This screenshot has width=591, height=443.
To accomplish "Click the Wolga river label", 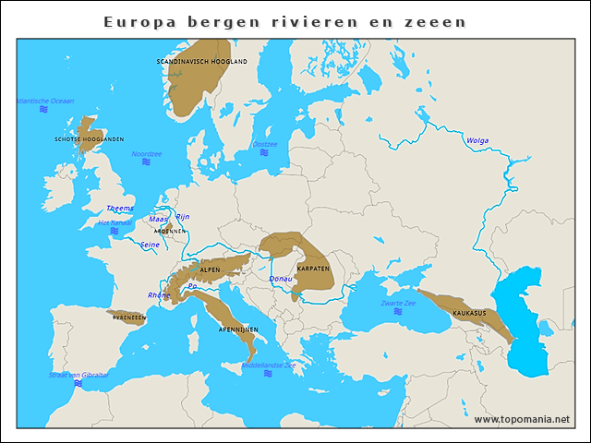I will pos(477,141).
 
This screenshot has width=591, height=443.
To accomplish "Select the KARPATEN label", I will pos(313,268).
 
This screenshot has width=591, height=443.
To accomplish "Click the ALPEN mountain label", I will pos(210,269).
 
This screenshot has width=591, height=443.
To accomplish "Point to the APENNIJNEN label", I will pos(238,329).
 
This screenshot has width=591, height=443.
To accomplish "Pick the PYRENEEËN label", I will pos(129,317).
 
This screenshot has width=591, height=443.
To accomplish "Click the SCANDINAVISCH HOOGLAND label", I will pos(202,61).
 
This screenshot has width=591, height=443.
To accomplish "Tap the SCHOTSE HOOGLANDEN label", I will pos(90,139).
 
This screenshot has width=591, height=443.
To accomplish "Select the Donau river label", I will pos(280,278).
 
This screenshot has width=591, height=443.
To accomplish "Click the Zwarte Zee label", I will pos(398,303).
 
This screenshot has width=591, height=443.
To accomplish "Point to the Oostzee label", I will pos(265,144).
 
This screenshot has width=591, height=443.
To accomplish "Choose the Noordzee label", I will pos(147,154).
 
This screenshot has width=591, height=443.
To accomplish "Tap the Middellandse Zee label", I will pos(268,365).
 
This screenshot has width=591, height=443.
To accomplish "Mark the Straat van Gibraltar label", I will pos(79,375).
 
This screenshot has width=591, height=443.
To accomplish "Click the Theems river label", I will pos(120,208).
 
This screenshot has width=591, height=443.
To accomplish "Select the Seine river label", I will pos(150,245).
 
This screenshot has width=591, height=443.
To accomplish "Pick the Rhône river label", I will pos(159,295).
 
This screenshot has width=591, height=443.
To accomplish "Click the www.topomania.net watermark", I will pos(522,419).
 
